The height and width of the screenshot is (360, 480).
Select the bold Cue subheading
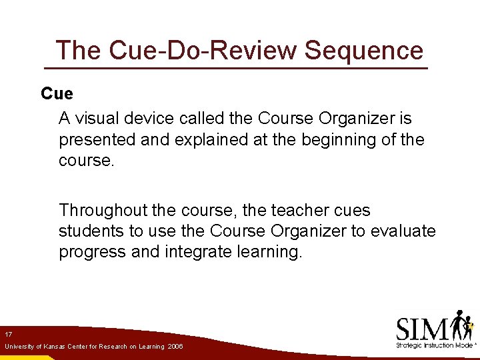(x=57, y=94)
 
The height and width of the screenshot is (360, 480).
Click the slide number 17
(x=9, y=333)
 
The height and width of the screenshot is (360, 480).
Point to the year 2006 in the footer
(x=175, y=347)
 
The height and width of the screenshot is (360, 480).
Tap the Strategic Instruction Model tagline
(x=433, y=345)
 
